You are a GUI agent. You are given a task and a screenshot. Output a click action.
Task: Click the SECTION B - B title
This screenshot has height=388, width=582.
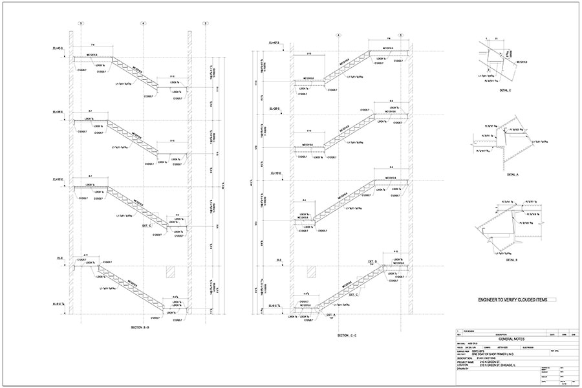(x=140, y=329)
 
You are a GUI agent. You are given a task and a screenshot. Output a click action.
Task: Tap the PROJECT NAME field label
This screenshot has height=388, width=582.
(x=465, y=362)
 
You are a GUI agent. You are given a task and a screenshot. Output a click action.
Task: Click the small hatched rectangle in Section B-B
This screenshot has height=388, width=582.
(x=171, y=270)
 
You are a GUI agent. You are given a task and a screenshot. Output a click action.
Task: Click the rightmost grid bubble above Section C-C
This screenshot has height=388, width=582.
(x=400, y=34)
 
